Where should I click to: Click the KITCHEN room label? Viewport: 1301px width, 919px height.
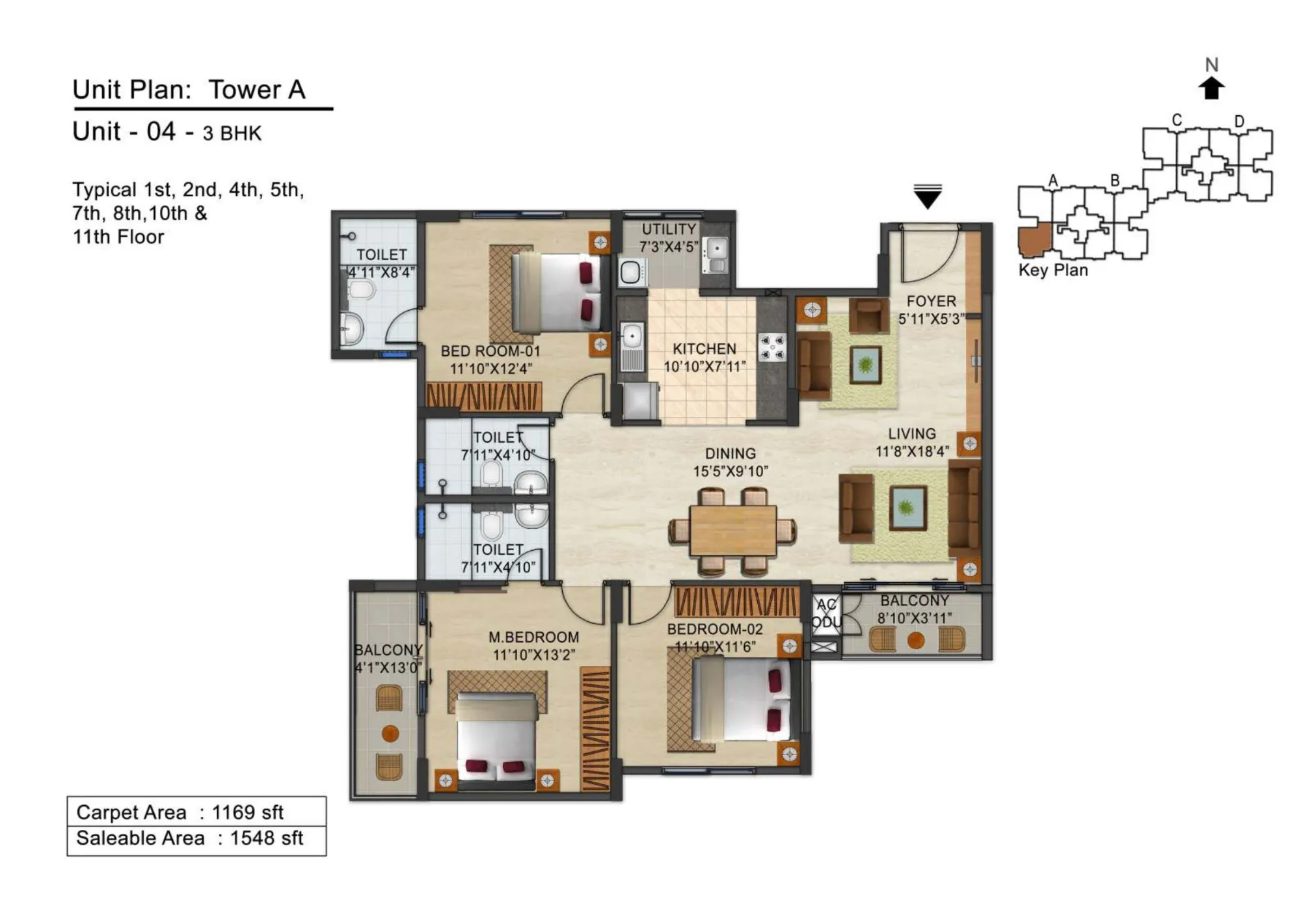pos(704,349)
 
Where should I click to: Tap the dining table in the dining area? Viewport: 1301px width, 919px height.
pos(733,531)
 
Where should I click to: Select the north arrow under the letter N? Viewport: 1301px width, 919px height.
pos(1211,88)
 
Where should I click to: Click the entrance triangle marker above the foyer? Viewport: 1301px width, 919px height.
pos(928,197)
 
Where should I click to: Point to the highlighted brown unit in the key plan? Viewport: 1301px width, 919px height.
pos(1033,239)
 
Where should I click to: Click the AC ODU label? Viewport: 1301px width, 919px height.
pos(827,613)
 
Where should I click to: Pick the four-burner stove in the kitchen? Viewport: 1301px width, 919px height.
pos(772,347)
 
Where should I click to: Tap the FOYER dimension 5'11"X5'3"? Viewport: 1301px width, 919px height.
pos(930,319)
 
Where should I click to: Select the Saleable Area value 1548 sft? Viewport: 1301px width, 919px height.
pos(267,838)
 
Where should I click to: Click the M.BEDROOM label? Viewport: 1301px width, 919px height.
pos(533,637)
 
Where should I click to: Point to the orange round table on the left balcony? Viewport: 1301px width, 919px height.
pos(390,734)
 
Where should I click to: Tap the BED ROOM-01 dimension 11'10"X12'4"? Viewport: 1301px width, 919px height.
pos(490,369)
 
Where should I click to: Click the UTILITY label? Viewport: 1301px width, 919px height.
pos(669,230)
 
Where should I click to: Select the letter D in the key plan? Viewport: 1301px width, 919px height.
pos(1239,122)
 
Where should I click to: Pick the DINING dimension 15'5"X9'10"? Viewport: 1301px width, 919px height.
pos(731,472)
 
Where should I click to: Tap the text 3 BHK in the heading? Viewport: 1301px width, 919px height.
pos(232,133)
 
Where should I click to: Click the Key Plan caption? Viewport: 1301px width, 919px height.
pos(1053,270)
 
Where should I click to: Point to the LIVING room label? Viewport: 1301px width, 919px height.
pos(911,434)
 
